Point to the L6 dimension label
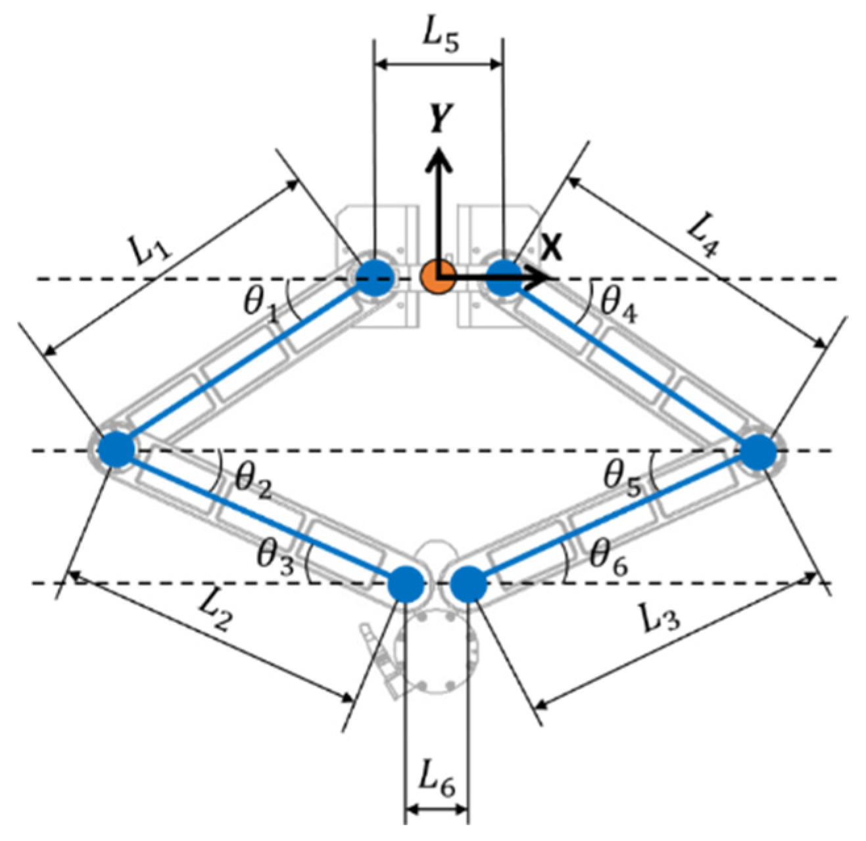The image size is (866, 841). (x=436, y=781)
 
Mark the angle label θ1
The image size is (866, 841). (x=260, y=303)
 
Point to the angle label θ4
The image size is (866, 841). (x=619, y=304)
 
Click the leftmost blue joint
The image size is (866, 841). (x=116, y=450)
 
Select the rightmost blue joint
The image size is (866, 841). (x=759, y=453)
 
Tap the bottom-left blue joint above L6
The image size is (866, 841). (x=406, y=583)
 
